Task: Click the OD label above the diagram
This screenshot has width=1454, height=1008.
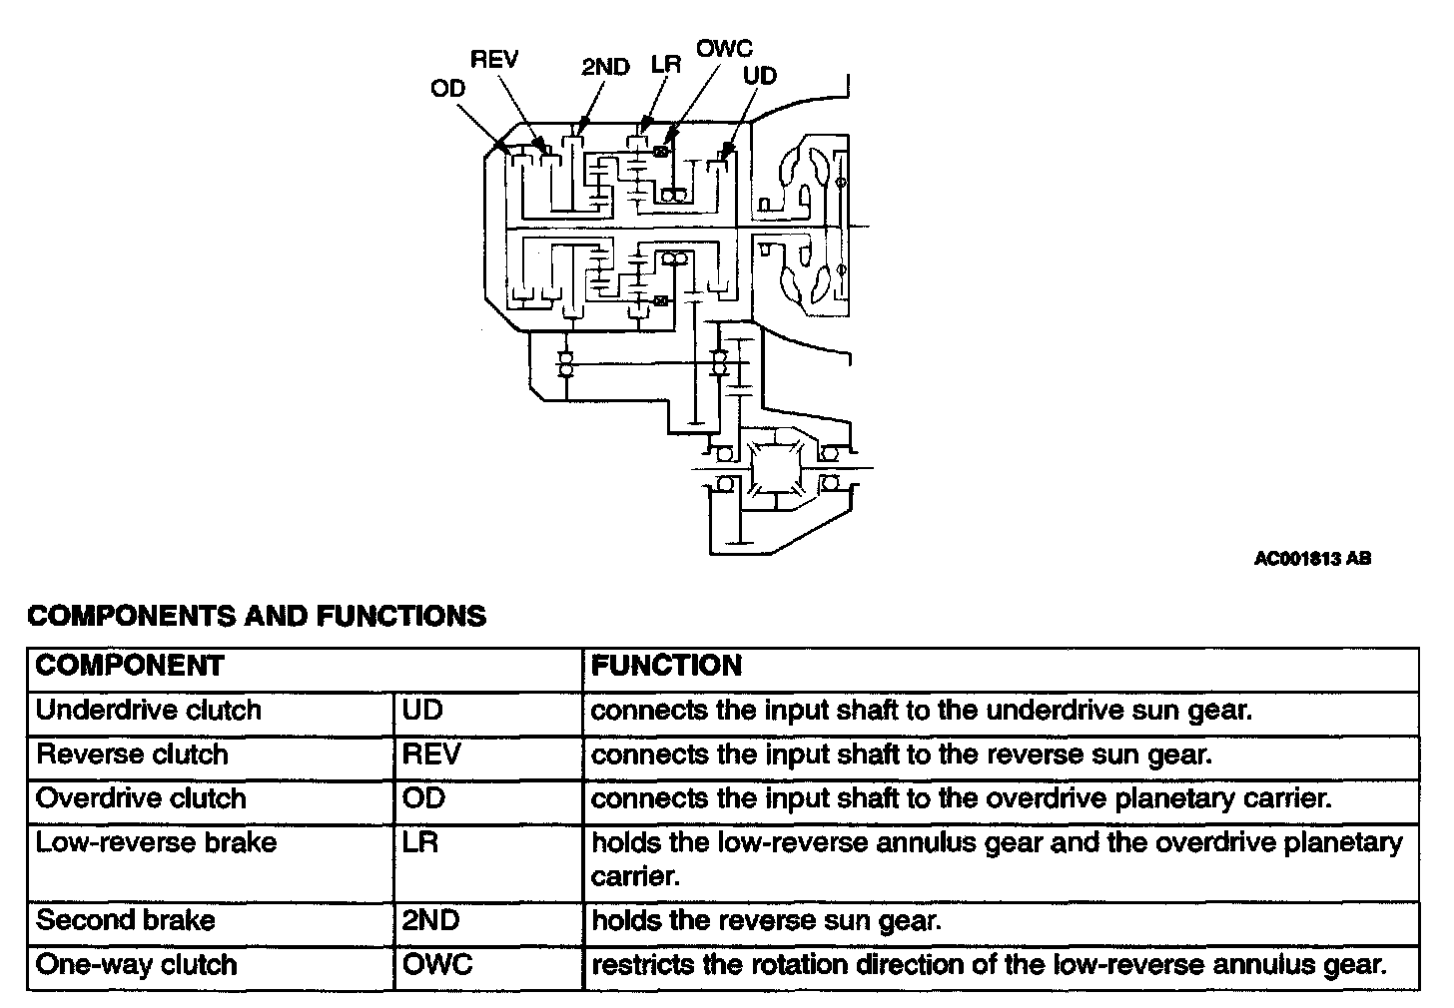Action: coord(448,89)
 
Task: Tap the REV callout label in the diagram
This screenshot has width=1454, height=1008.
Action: coord(494,59)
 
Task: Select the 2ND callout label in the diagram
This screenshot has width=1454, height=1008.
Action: coord(605,67)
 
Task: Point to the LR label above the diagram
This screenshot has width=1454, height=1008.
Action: coord(665,65)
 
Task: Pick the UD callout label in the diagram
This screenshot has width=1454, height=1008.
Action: coord(760,76)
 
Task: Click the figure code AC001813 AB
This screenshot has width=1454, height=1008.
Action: coord(1312,559)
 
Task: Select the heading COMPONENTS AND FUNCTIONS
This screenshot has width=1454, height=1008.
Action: coord(257,616)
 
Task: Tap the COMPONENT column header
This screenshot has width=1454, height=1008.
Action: coord(130,666)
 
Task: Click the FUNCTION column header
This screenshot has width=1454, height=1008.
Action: coord(667,666)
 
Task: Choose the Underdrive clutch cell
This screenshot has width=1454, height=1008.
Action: coord(148,711)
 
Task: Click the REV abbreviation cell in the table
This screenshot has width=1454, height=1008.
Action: coord(431,755)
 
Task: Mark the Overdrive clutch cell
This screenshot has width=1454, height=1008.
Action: coord(141,798)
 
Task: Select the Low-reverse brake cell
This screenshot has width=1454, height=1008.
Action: coord(156,842)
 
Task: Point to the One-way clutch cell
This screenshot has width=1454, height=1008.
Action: coord(137,965)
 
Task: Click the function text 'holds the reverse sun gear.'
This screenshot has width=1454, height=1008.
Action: coord(766,920)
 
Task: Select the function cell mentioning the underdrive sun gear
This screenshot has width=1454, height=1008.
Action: coord(921,711)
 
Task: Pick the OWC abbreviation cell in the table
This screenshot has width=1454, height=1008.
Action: coord(437,965)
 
